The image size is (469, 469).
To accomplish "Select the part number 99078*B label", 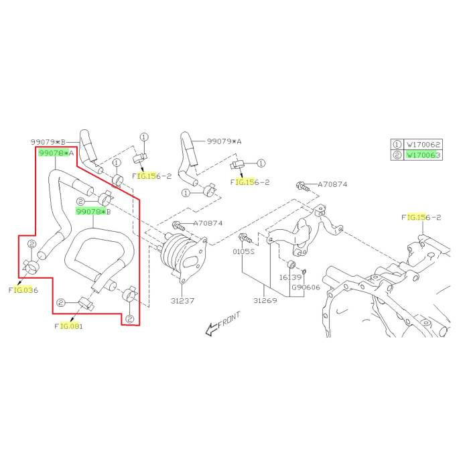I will (93, 212).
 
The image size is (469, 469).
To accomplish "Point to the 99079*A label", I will (224, 141).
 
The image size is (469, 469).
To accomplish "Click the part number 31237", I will (181, 301).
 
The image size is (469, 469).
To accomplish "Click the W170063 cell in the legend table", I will (423, 155).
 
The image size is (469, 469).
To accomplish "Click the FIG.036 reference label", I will (23, 290).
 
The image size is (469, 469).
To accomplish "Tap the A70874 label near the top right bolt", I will (333, 184).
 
